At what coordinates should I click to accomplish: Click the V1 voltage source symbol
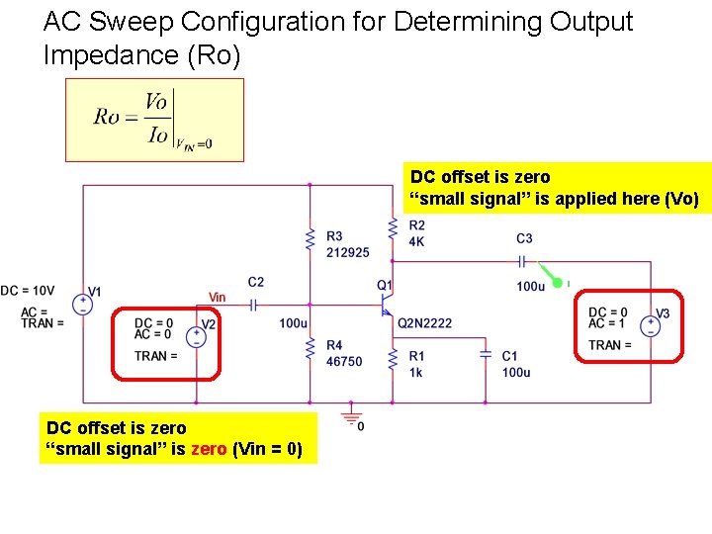tap(82, 304)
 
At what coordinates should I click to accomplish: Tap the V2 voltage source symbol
tap(196, 337)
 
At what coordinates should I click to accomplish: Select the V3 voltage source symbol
tap(651, 326)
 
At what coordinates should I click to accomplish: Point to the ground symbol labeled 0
tap(350, 413)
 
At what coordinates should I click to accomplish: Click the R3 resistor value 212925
tap(347, 252)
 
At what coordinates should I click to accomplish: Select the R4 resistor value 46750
tap(344, 362)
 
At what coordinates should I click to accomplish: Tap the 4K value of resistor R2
tap(416, 241)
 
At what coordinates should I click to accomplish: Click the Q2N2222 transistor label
tap(425, 323)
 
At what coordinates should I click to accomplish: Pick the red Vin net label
tap(217, 297)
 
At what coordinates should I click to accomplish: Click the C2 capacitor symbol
tap(253, 307)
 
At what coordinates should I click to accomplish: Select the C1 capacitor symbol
tap(485, 352)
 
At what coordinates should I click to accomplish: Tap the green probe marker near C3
tap(557, 283)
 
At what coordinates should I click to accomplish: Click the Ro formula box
tap(153, 120)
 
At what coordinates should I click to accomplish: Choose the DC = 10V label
tap(27, 291)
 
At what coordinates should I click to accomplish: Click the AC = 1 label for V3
tap(607, 324)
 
